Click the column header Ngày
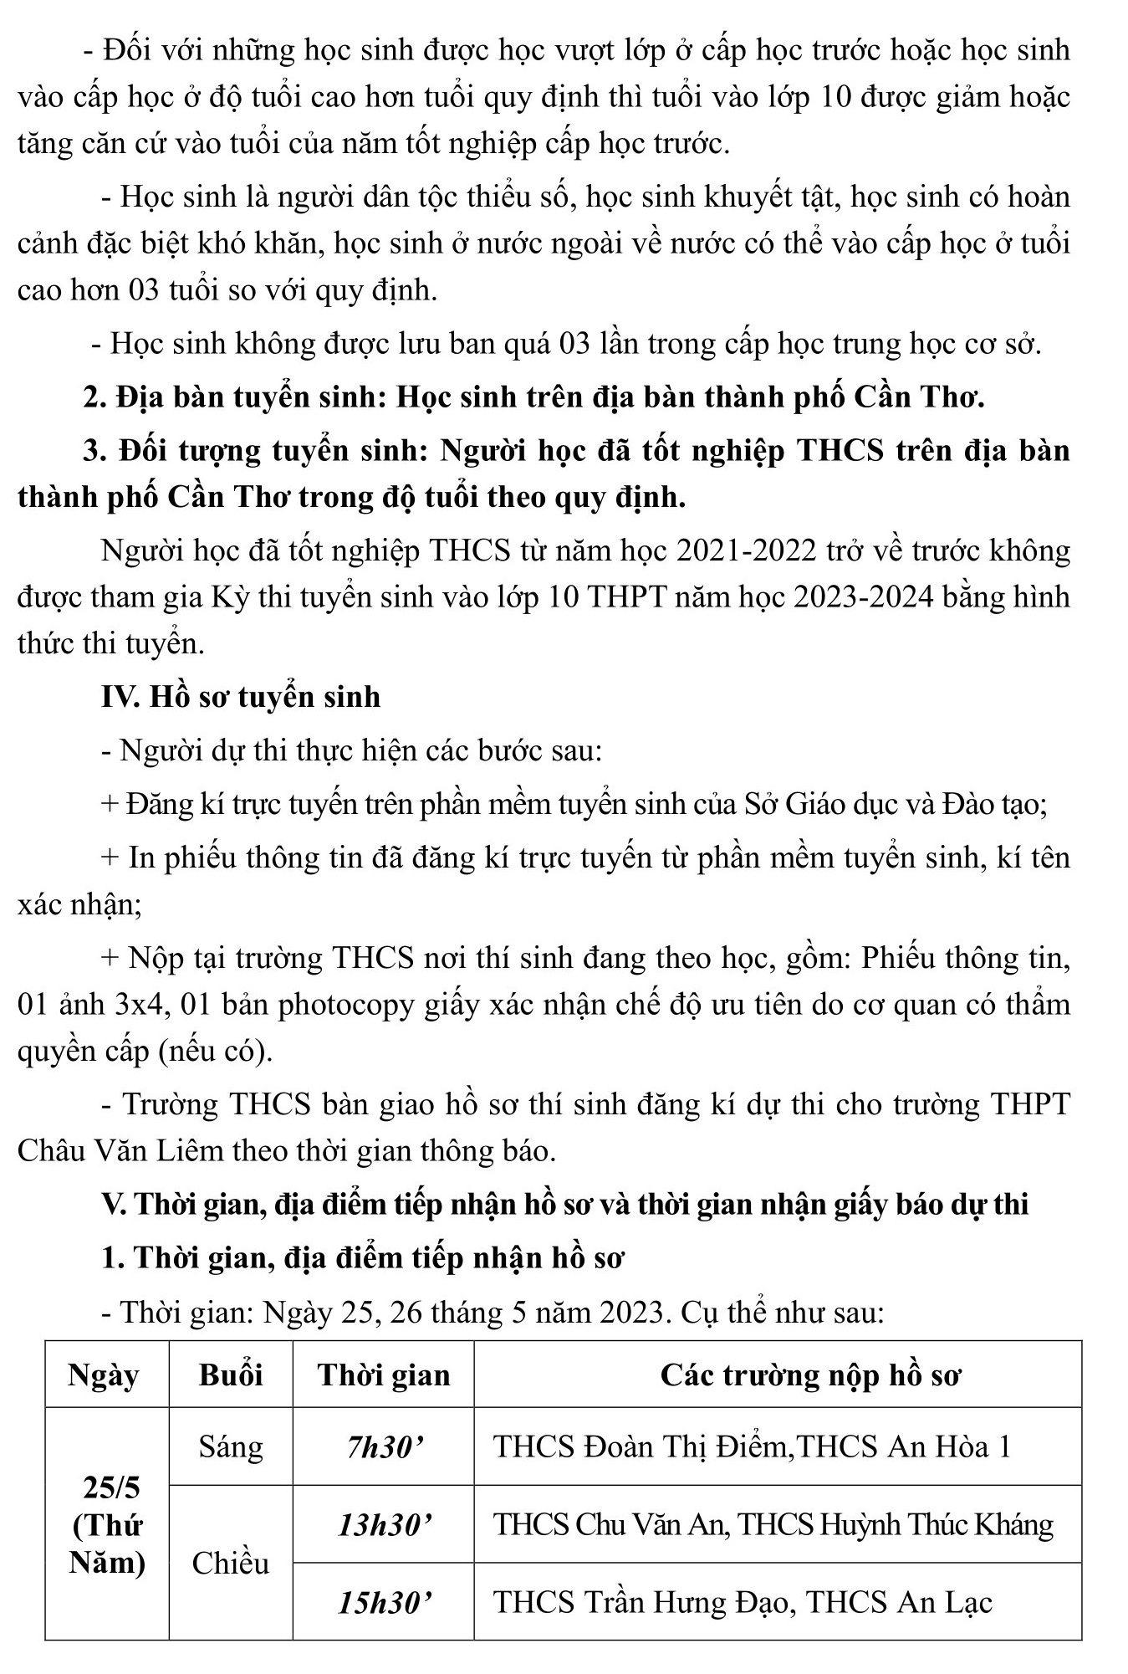(104, 1375)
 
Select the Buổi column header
(231, 1375)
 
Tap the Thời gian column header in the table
(384, 1375)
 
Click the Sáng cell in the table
(231, 1446)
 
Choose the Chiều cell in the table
(231, 1563)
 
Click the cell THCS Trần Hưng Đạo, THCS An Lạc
(743, 1602)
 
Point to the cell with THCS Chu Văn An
(773, 1525)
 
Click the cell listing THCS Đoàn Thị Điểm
(752, 1447)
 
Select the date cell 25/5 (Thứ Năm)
(107, 1525)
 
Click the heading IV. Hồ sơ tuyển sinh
(241, 696)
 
